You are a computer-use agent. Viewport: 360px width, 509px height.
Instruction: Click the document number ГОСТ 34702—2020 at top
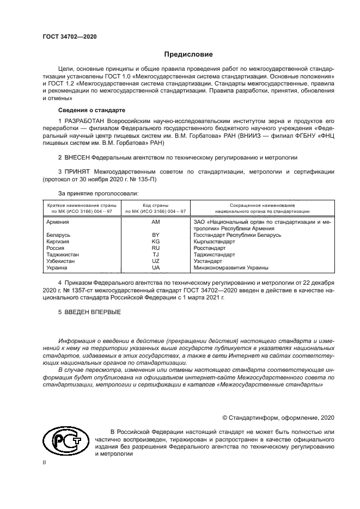(69, 36)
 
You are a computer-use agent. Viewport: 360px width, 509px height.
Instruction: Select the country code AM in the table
(156, 222)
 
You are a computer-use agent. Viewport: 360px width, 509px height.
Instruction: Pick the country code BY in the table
(156, 235)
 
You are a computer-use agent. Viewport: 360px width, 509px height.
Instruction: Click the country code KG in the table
(156, 241)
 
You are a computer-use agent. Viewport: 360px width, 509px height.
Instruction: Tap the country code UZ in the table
(156, 261)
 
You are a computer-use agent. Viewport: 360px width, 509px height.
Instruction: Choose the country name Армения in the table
(58, 222)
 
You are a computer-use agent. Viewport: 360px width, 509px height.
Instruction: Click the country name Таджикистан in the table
(63, 254)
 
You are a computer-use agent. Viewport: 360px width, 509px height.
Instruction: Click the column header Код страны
(156, 204)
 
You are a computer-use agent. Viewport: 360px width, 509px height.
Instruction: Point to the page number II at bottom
(45, 462)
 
